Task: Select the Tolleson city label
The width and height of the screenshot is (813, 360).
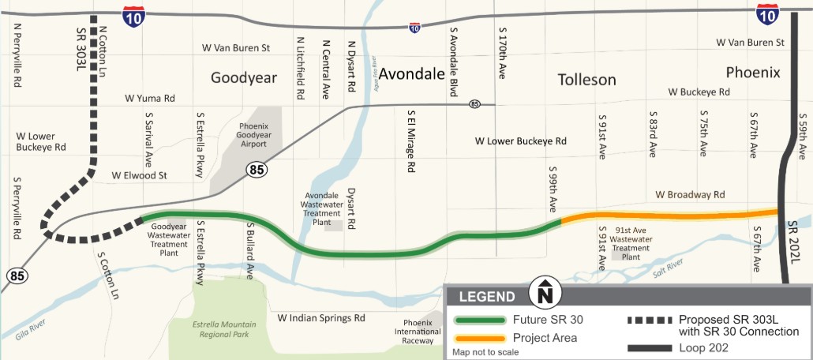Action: pos(586,80)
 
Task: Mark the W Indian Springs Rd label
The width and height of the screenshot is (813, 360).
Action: pos(321,318)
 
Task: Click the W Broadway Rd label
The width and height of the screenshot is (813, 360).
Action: pos(689,194)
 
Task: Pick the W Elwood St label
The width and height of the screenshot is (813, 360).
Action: pos(140,175)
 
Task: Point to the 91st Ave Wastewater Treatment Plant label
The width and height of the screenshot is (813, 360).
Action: pos(631,247)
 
